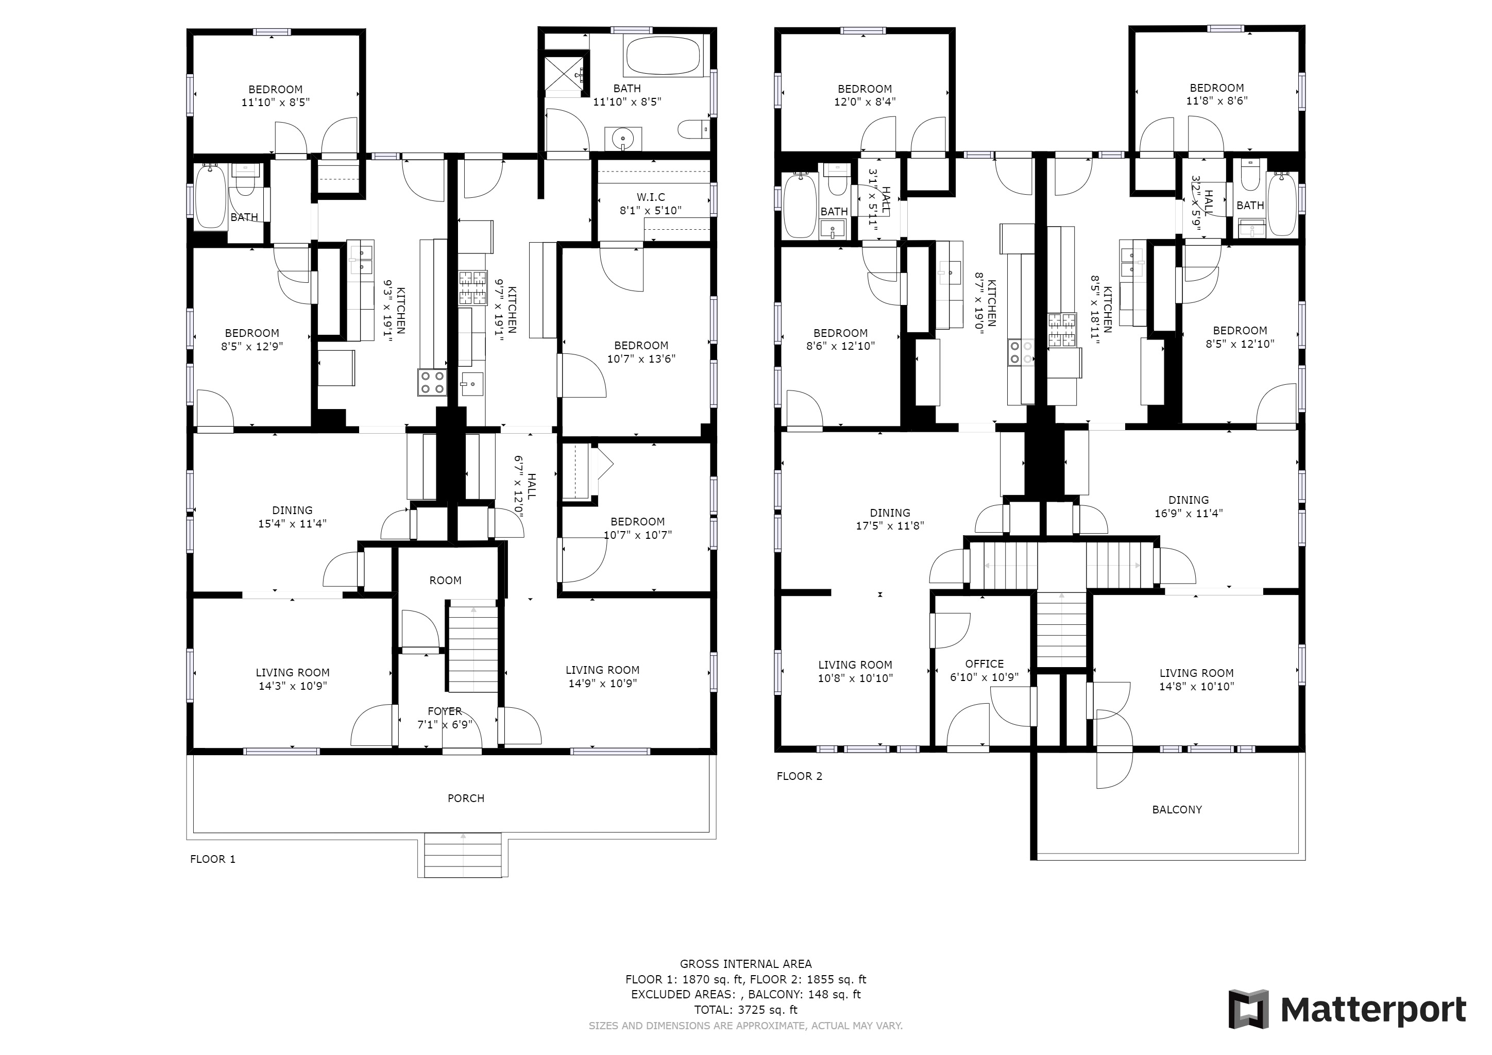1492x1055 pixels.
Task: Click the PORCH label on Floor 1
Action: click(466, 798)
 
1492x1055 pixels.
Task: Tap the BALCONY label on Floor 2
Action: click(1177, 809)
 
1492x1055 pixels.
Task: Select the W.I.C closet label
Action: click(651, 197)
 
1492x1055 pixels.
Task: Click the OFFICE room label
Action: click(984, 663)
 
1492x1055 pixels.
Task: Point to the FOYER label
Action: click(445, 711)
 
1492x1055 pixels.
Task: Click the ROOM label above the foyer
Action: click(445, 580)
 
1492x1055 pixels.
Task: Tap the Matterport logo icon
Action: click(1248, 1009)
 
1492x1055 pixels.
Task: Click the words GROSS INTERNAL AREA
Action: click(745, 964)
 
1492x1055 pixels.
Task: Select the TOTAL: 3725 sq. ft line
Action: click(745, 1010)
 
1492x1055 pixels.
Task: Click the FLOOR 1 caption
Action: click(212, 859)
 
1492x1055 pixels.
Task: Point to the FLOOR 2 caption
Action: click(799, 776)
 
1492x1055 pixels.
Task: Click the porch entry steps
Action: click(463, 855)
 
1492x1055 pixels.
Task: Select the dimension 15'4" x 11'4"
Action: click(293, 523)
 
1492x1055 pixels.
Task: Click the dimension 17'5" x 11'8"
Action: click(890, 525)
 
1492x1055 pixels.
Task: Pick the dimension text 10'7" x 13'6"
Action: click(641, 359)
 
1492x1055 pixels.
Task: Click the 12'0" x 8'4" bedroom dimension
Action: click(865, 101)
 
